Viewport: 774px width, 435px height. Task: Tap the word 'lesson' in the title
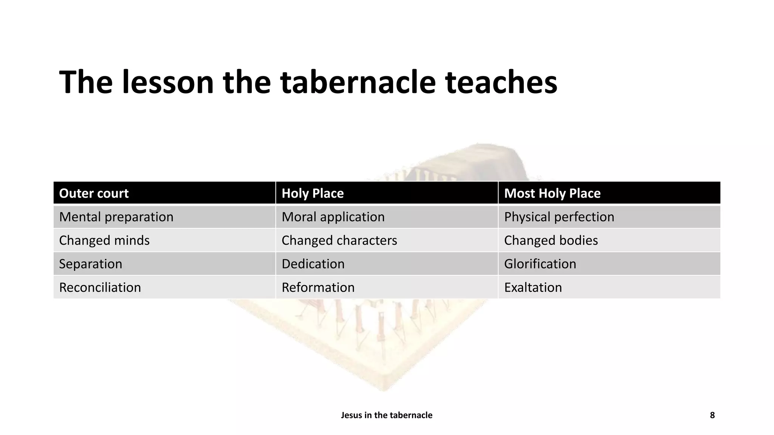pos(168,82)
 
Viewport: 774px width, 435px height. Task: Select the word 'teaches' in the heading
pos(501,82)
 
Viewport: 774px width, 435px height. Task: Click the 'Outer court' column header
pos(94,193)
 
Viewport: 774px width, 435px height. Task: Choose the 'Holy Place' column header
pos(313,193)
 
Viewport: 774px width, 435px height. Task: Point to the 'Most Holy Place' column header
pos(552,193)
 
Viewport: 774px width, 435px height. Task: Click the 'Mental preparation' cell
pos(116,217)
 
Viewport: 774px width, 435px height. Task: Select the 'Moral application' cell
pos(333,217)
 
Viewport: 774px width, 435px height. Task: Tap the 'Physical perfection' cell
pos(559,217)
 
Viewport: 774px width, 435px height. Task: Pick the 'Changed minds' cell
pos(104,241)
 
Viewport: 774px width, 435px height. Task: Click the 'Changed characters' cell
pos(339,241)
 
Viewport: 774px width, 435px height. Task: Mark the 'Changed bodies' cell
pos(551,241)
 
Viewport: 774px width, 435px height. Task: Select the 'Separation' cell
pos(91,264)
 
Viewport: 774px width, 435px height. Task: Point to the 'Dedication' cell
pos(313,264)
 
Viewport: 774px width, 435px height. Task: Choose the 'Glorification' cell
pos(540,264)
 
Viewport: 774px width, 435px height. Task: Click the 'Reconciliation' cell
pos(100,287)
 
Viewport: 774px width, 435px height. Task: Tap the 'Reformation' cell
pos(318,287)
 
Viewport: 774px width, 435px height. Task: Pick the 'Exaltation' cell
pos(533,287)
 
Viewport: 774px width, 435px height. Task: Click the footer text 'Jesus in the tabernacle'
pos(387,415)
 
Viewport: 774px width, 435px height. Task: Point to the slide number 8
pos(712,415)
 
